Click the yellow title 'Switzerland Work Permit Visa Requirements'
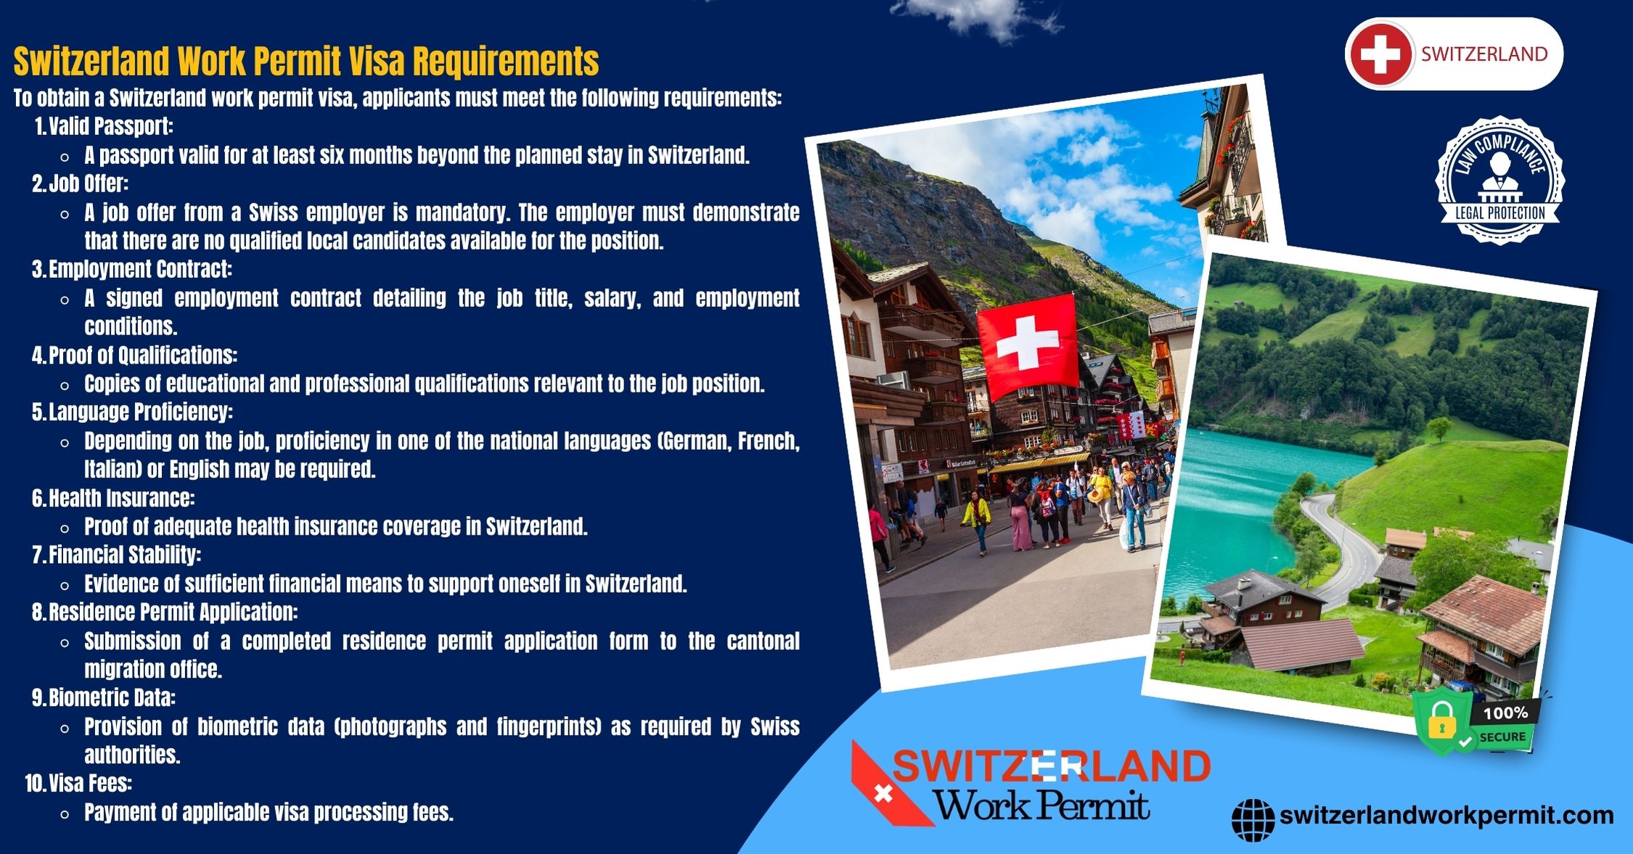[306, 61]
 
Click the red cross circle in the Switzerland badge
[1380, 54]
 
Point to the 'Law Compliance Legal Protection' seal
[1499, 180]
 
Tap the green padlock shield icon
[1442, 724]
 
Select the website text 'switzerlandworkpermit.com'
[1446, 816]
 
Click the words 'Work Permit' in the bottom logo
[1041, 805]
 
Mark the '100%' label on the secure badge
[1506, 713]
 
